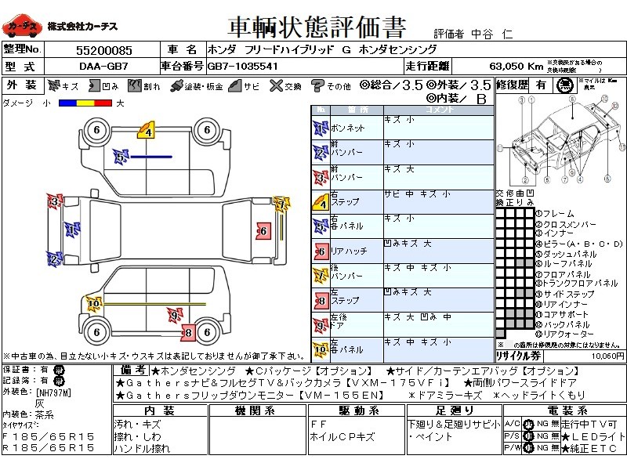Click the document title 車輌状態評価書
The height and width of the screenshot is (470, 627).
pos(317,27)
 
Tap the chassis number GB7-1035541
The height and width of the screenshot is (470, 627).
pos(242,66)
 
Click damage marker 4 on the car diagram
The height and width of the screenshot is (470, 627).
pos(147,132)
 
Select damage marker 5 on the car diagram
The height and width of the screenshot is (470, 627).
pos(120,157)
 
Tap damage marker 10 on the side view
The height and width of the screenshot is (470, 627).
pos(94,303)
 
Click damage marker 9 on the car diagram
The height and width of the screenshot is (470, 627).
pos(173,315)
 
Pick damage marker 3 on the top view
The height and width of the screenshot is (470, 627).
pos(54,202)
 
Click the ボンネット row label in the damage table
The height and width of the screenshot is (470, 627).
pos(348,127)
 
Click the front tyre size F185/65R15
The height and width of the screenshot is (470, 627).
pos(49,436)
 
